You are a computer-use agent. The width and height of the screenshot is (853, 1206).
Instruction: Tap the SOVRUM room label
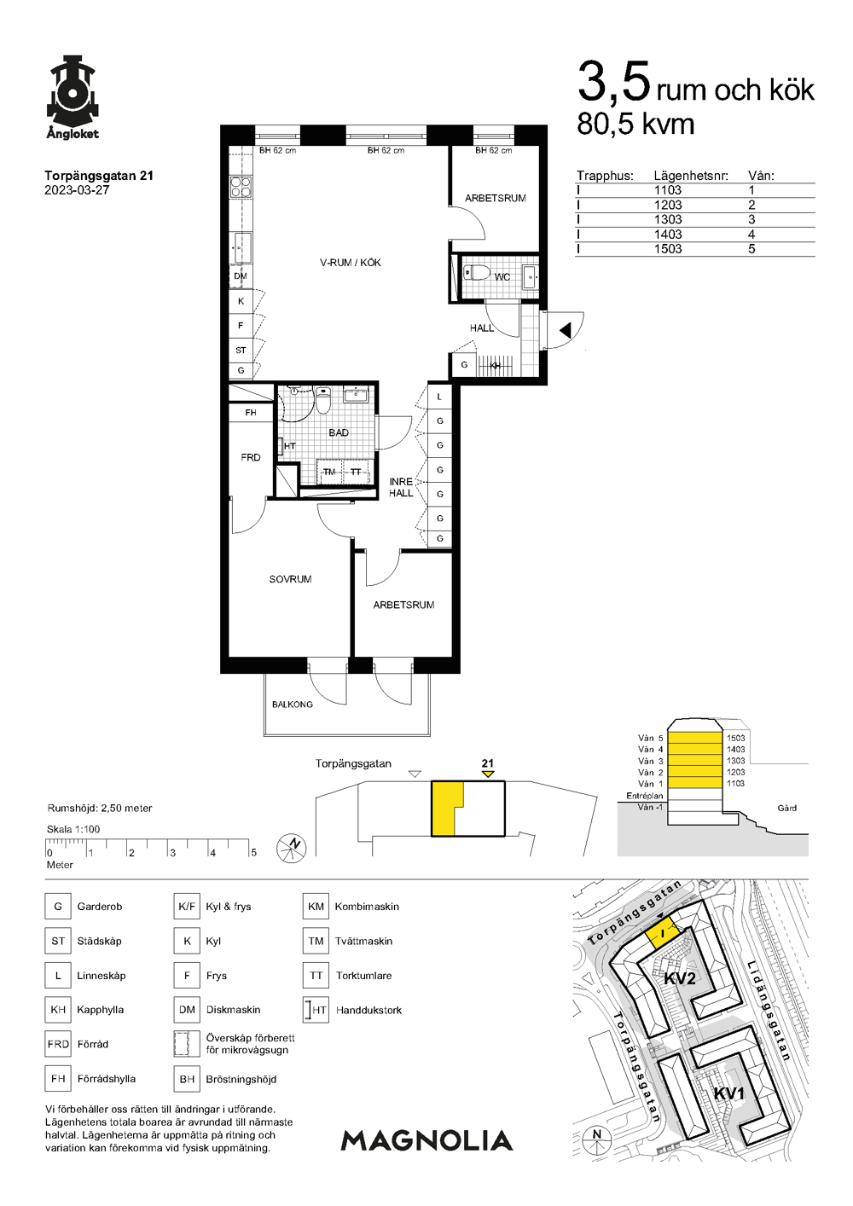[x=290, y=579]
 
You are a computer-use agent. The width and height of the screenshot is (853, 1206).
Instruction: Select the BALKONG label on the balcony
[x=292, y=704]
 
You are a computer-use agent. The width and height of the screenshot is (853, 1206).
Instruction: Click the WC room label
[x=502, y=276]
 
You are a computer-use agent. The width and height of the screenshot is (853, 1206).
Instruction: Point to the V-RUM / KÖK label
[x=350, y=263]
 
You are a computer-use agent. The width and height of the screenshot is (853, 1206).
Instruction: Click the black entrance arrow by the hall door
[x=565, y=331]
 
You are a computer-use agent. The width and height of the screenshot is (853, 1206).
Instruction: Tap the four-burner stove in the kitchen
[x=241, y=187]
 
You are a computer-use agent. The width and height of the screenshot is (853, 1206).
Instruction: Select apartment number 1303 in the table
[x=668, y=220]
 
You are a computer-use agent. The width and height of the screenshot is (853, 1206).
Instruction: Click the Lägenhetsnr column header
[x=691, y=176]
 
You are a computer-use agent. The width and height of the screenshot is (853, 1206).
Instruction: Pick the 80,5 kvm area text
[x=635, y=125]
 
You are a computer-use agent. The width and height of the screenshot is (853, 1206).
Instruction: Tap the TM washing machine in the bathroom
[x=329, y=472]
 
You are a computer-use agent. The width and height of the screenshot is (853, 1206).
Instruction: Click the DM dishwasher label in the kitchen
[x=241, y=276]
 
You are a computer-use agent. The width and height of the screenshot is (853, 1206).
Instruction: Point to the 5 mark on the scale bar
[x=253, y=852]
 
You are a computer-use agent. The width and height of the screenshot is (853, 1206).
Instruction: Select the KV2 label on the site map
[x=679, y=978]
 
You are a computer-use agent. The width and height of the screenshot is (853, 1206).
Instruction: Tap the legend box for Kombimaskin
[x=316, y=906]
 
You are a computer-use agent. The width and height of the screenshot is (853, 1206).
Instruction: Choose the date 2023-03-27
[x=77, y=190]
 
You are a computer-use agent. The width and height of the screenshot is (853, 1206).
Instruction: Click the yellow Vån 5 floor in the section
[x=694, y=738]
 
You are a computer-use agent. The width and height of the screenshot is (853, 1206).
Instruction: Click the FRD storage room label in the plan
[x=251, y=458]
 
